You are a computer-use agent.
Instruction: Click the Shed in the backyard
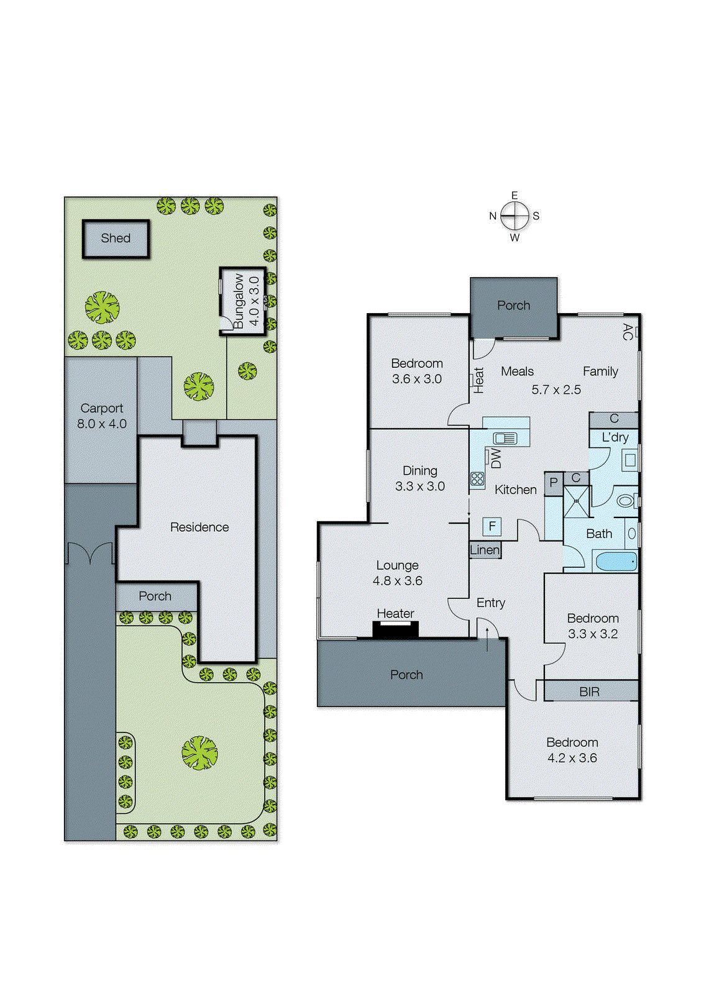[116, 239]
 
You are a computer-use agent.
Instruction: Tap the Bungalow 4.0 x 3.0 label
[246, 301]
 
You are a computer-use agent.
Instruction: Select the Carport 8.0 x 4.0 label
[102, 416]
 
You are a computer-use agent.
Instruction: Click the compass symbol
[514, 216]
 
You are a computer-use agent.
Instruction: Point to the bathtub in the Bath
[616, 562]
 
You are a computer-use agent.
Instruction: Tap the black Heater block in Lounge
[395, 629]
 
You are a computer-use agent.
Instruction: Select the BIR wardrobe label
[590, 691]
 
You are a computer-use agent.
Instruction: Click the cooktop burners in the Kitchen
[477, 479]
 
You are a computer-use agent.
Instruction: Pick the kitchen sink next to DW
[505, 439]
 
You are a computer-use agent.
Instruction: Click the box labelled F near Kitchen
[492, 527]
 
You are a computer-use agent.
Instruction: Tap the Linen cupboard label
[485, 550]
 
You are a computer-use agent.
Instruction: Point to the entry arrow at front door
[487, 638]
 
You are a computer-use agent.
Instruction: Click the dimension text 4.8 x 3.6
[398, 581]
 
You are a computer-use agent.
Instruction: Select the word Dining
[420, 471]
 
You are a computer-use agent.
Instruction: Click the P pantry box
[553, 483]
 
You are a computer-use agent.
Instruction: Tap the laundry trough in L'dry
[629, 460]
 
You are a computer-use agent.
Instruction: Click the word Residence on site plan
[199, 527]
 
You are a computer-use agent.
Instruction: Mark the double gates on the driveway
[90, 553]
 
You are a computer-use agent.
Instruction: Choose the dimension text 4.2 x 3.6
[572, 758]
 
